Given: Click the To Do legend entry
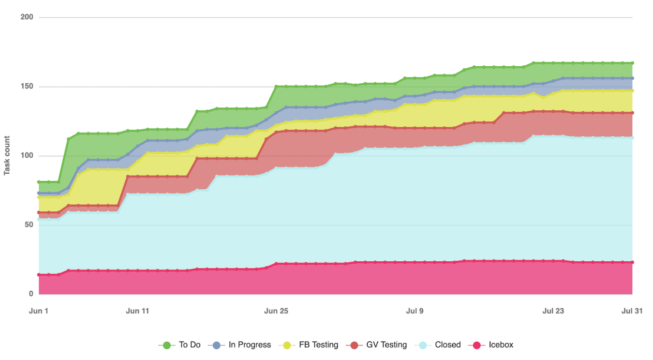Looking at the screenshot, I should coord(179,345).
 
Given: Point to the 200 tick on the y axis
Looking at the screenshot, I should coord(27,17).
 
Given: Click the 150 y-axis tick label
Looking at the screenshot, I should coord(27,87).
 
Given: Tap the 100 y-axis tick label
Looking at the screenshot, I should coord(27,156).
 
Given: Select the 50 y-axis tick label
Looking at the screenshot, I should coord(29,225).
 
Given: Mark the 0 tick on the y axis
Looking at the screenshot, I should coord(31,294).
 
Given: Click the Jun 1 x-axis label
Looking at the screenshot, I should coord(39,311).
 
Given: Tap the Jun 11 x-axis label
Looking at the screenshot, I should coord(137,311).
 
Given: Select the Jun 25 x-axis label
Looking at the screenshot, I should coord(276,311).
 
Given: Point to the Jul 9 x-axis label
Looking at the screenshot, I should coord(415,311).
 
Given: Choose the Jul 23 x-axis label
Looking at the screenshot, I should coord(553,311).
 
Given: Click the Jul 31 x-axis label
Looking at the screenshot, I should coord(632,311).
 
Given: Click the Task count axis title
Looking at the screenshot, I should coord(7,155).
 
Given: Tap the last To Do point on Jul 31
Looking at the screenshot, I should coord(632,63).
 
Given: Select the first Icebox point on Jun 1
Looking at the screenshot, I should coord(39,275).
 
